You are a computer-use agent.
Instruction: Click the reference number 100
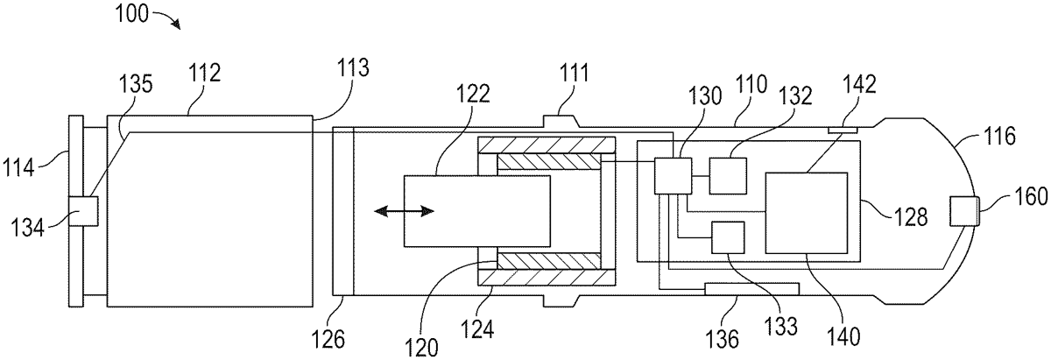(x=132, y=14)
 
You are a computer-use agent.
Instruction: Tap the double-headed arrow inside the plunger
(x=404, y=211)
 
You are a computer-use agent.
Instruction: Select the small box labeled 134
(x=83, y=211)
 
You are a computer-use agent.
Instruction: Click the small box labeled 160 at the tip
(x=964, y=212)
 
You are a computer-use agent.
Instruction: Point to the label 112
(x=205, y=74)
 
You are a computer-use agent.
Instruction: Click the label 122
(x=473, y=94)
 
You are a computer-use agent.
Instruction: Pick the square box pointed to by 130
(x=673, y=176)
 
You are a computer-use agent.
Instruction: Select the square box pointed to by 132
(x=728, y=176)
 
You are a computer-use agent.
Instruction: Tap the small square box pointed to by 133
(x=728, y=237)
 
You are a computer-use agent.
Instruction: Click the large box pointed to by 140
(x=807, y=213)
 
